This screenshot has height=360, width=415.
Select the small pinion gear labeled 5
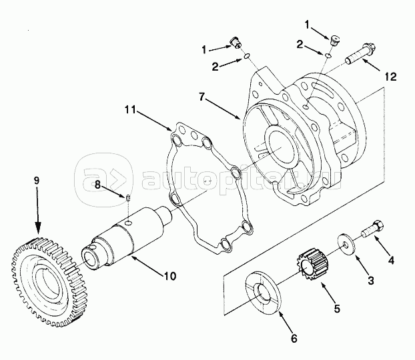[312, 264]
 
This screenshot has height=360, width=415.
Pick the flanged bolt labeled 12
[360, 54]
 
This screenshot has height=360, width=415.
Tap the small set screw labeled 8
[127, 198]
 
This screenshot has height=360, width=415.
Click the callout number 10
[170, 276]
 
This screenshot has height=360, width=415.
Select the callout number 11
[130, 109]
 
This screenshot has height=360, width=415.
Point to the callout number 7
[201, 97]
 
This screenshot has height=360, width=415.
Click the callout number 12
[391, 77]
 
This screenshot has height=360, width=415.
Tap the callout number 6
[294, 339]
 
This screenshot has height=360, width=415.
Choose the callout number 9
[37, 181]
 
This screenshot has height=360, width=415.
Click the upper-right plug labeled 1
[336, 41]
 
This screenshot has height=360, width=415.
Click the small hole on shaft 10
[129, 223]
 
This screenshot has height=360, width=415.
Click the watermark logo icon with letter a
[104, 180]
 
